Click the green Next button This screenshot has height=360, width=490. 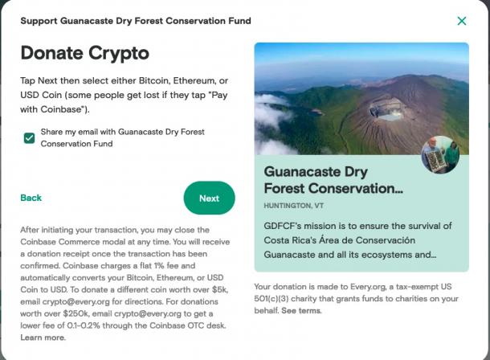coord(209,198)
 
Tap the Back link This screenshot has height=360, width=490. coord(31,198)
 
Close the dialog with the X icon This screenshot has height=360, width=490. coord(462,21)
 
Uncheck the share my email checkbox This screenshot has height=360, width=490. coord(30,138)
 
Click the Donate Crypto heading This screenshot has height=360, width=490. coord(84,53)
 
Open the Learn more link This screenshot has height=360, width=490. coord(43,337)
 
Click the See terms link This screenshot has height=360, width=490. coord(301,311)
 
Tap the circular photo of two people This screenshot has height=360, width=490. coord(440,154)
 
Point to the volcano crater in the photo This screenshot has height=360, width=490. coord(387,110)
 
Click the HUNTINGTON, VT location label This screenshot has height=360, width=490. coord(294,206)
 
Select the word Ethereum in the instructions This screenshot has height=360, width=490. coord(194,80)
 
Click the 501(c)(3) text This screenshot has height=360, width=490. coord(272,299)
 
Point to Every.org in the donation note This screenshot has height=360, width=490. coord(368,287)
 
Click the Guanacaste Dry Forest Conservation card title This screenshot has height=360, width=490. coord(333,180)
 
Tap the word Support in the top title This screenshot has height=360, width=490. coord(39,21)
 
